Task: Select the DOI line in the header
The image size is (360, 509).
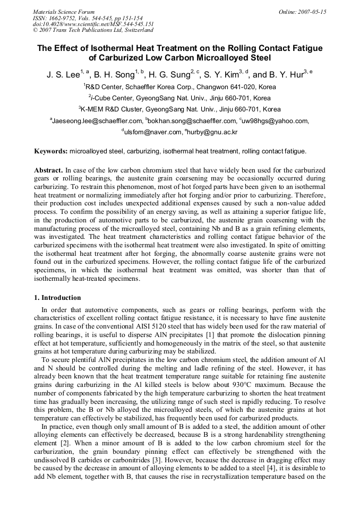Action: click(x=93, y=24)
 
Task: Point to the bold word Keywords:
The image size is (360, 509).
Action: click(x=51, y=151)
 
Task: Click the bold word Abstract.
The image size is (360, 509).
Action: click(x=48, y=170)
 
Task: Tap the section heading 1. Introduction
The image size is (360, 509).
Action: click(x=57, y=298)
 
